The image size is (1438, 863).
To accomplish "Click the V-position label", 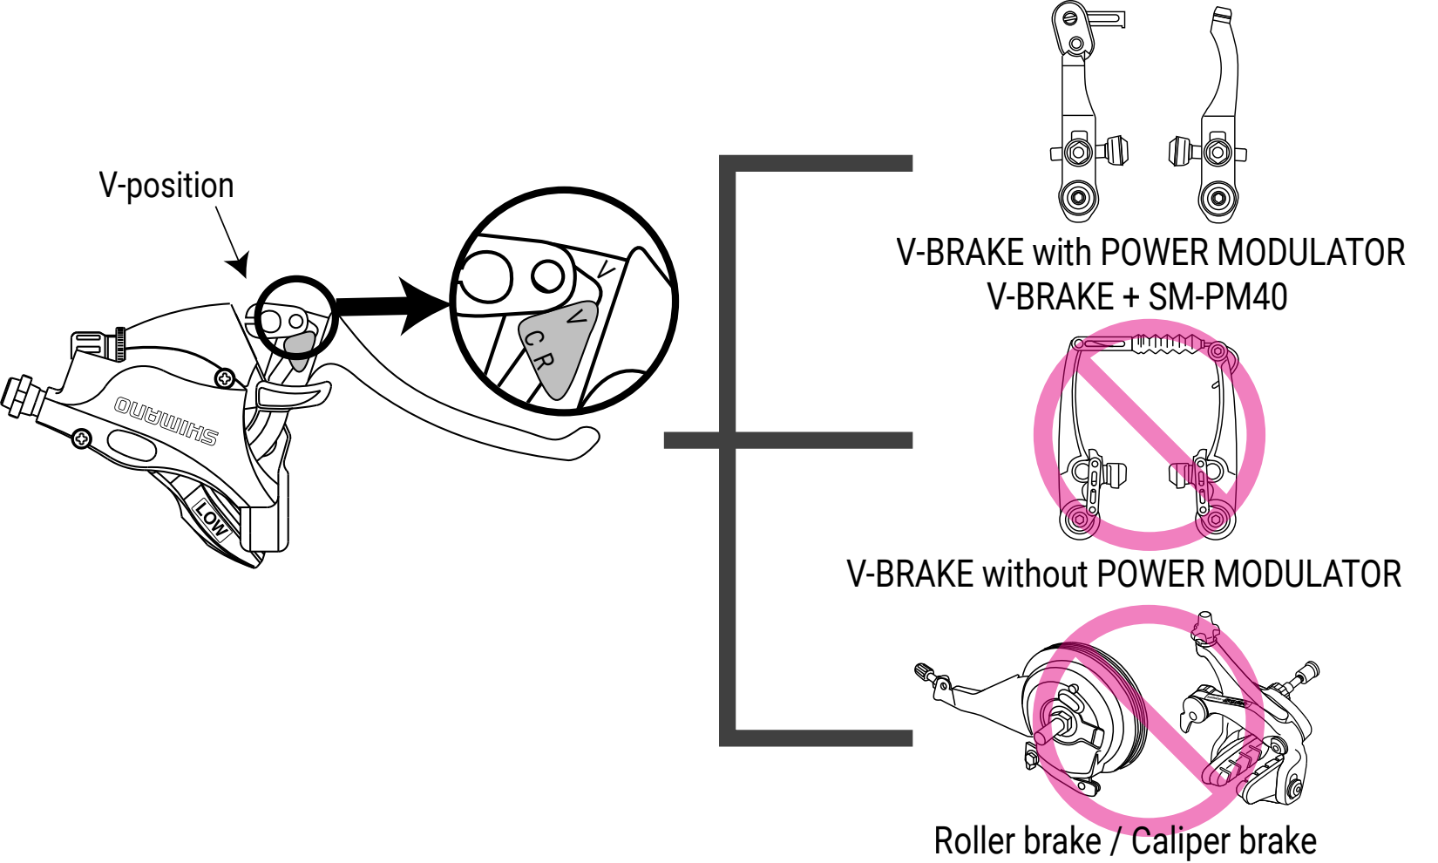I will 166,186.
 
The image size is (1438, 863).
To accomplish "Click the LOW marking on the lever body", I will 211,518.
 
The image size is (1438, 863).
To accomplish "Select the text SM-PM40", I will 1218,297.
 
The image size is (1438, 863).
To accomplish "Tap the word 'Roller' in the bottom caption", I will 973,841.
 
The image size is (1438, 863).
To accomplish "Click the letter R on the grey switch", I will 542,359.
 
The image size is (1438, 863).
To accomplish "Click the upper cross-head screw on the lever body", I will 225,378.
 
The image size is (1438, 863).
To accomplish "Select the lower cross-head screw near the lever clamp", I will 81,438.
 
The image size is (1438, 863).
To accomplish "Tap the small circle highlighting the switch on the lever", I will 296,318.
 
